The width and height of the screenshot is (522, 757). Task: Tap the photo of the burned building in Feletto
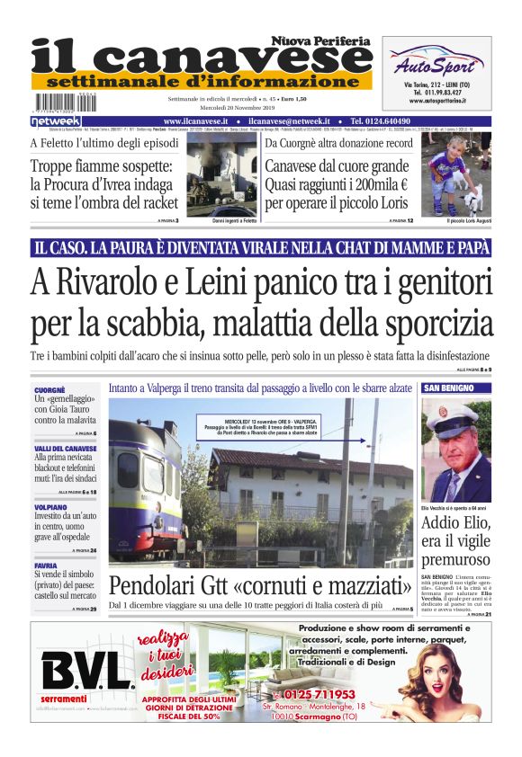tap(221, 175)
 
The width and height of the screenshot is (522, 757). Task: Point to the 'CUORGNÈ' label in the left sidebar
tap(49, 389)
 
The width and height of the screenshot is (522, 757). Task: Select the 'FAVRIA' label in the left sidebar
tap(46, 565)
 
